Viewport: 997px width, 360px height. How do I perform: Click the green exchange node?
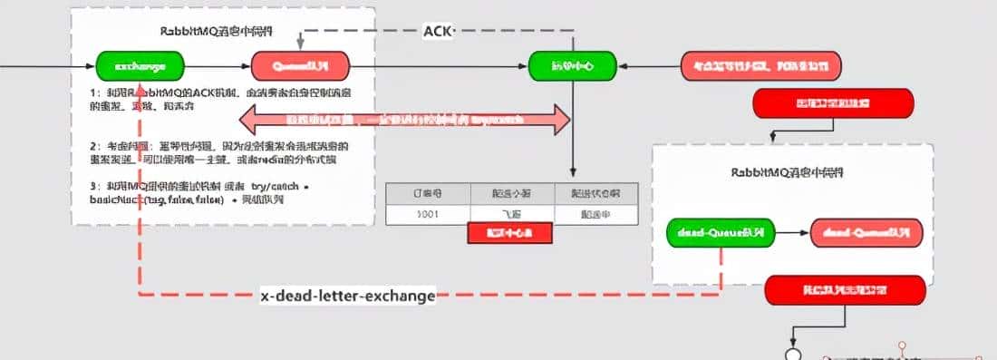pyautogui.click(x=140, y=65)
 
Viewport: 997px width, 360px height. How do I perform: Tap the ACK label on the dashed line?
pyautogui.click(x=439, y=31)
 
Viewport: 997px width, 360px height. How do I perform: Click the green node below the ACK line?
pyautogui.click(x=573, y=65)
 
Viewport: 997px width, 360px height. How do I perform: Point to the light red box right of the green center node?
pyautogui.click(x=761, y=65)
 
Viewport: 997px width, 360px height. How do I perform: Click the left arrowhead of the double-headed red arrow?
pyautogui.click(x=250, y=119)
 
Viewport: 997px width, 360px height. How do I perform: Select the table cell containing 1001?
pyautogui.click(x=428, y=214)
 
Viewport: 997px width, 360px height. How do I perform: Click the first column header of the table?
pyautogui.click(x=428, y=193)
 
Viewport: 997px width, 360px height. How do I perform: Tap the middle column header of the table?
pyautogui.click(x=511, y=193)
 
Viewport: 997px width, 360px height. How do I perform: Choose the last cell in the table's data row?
pyautogui.click(x=595, y=214)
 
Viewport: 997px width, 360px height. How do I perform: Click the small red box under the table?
pyautogui.click(x=509, y=233)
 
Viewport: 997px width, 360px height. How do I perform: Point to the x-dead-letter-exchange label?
pyautogui.click(x=347, y=296)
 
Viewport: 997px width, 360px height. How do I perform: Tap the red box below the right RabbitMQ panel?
pyautogui.click(x=845, y=291)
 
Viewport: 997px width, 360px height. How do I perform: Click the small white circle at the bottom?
pyautogui.click(x=794, y=352)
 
